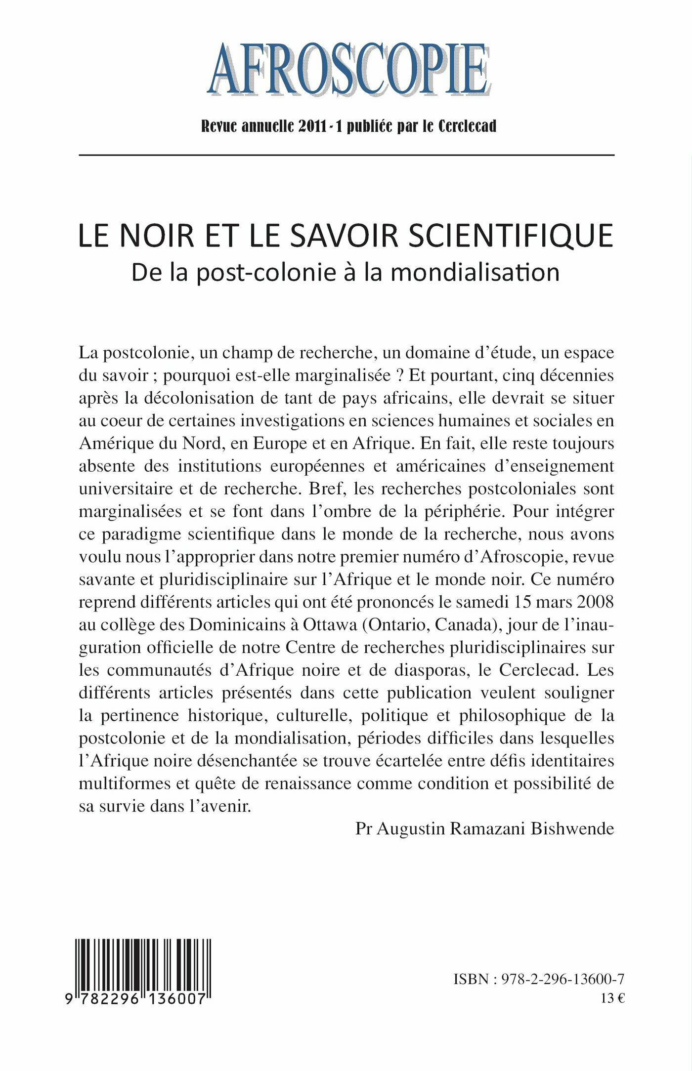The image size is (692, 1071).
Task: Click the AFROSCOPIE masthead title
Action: click(348, 70)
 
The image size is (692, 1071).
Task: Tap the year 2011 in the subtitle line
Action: click(313, 126)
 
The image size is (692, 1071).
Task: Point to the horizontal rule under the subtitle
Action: click(346, 155)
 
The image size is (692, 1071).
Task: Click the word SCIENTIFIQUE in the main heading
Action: click(513, 236)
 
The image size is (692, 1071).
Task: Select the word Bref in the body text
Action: click(325, 489)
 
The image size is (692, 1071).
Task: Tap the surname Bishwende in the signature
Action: click(572, 828)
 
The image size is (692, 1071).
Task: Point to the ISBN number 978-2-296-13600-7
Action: click(562, 979)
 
